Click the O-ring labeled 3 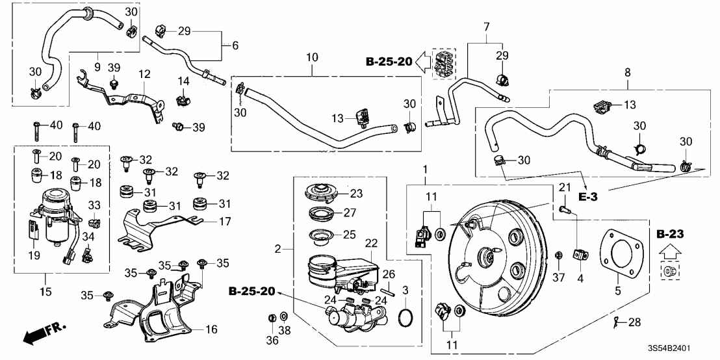(x=404, y=318)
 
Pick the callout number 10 (x=313, y=58)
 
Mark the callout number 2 (x=278, y=249)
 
